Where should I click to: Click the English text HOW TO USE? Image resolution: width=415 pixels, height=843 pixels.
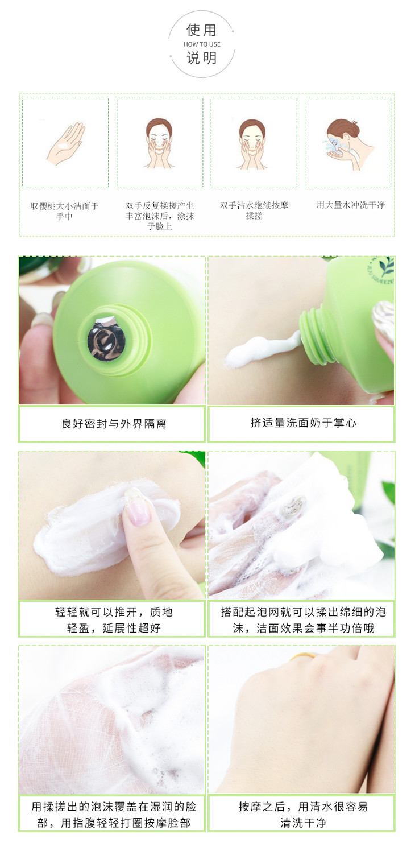click(202, 44)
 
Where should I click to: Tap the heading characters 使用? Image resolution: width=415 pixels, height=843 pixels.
click(202, 30)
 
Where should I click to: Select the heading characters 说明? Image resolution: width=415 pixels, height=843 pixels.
click(202, 58)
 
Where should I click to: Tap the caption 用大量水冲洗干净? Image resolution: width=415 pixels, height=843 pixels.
click(351, 205)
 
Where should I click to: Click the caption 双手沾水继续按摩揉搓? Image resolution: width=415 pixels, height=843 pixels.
click(254, 210)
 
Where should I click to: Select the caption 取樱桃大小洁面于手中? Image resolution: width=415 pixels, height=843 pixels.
click(64, 210)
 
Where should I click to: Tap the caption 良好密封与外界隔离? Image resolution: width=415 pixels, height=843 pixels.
click(114, 424)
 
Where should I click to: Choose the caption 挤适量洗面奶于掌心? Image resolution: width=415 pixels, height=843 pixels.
click(303, 423)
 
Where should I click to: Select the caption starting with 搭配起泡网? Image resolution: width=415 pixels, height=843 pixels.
click(303, 620)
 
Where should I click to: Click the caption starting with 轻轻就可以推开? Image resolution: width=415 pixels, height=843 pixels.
click(114, 620)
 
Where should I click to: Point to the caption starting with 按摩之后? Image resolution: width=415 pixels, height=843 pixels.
click(303, 815)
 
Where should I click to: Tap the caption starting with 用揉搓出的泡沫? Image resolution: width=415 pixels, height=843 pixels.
click(114, 815)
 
